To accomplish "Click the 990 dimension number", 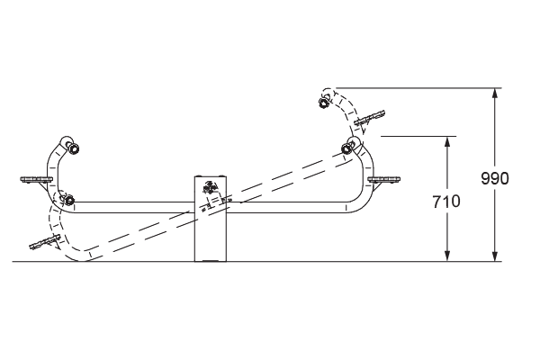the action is pyautogui.click(x=494, y=178).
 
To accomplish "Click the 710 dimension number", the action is pyautogui.click(x=446, y=202).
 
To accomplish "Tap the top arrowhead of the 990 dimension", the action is pyautogui.click(x=495, y=93).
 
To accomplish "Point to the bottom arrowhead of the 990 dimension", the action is pyautogui.click(x=495, y=256).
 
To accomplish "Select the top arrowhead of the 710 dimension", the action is pyautogui.click(x=447, y=141).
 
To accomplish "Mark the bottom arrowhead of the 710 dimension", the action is pyautogui.click(x=447, y=256).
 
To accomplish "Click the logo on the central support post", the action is pyautogui.click(x=211, y=186).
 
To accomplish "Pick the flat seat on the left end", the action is pyautogui.click(x=36, y=180).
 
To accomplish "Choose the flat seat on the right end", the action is pyautogui.click(x=384, y=179).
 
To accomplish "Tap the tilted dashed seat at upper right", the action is pyautogui.click(x=370, y=118).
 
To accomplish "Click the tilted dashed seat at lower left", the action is pyautogui.click(x=45, y=242).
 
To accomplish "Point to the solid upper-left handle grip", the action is pyautogui.click(x=74, y=148).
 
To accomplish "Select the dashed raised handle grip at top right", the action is pyautogui.click(x=324, y=103).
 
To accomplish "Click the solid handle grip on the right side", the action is pyautogui.click(x=346, y=148).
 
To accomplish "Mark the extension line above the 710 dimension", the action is pyautogui.click(x=418, y=137).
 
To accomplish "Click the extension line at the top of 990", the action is pyautogui.click(x=418, y=88).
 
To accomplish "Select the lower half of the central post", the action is pyautogui.click(x=211, y=238).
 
